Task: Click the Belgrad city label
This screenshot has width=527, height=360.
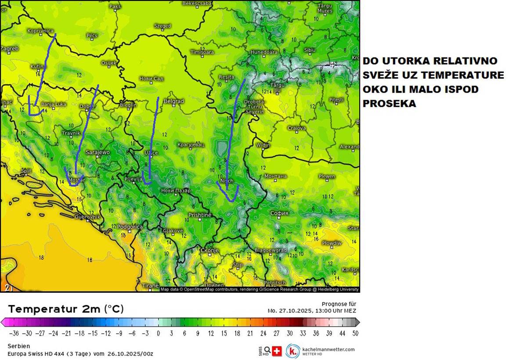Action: point(173,101)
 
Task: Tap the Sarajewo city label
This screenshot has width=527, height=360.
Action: point(97,152)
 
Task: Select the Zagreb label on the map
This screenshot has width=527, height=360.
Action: point(10,48)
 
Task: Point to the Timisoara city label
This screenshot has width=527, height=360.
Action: point(202,52)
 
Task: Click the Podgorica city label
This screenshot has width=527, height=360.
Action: point(130,227)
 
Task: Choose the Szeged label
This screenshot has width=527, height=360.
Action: point(162,26)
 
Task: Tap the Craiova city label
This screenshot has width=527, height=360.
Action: point(297,128)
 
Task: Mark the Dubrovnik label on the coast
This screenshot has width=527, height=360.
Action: point(88,217)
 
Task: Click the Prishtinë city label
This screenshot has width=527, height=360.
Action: point(200,215)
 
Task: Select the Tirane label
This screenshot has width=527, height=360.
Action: point(150,286)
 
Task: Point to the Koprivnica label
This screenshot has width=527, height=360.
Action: point(40,31)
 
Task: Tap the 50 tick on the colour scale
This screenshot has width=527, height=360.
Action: point(355,333)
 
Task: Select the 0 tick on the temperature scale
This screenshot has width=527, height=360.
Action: point(158,333)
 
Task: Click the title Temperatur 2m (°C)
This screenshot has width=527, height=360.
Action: point(66,309)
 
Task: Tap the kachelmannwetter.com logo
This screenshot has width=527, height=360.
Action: point(321,351)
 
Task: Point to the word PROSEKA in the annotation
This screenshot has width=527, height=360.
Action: point(389,104)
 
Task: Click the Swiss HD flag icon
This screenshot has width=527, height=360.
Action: point(277,351)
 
